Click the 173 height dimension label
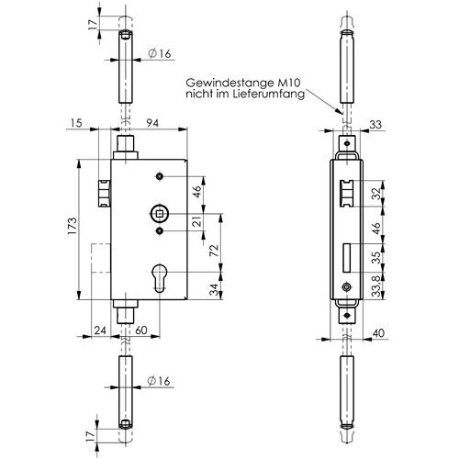pos(73,226)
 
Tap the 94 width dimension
pos(152,123)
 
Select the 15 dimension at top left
pos(76,123)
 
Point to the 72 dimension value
pos(215,250)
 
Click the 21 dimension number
pos(198,221)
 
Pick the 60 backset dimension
pos(141,330)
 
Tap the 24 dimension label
pos(100,330)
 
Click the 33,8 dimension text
pos(376,285)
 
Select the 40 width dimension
pos(379,333)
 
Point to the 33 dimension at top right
pos(375,125)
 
